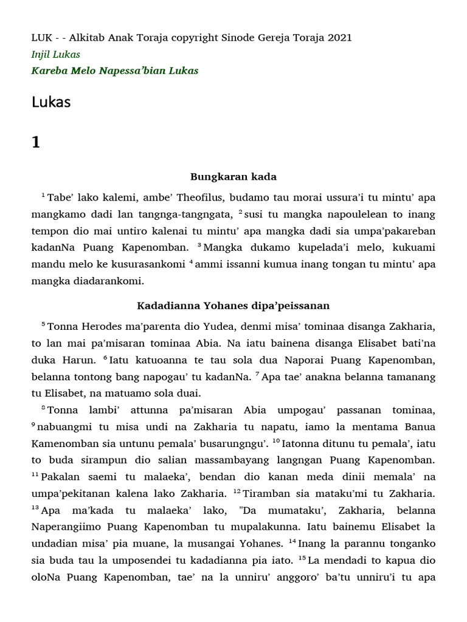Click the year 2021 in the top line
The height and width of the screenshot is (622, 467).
click(339, 38)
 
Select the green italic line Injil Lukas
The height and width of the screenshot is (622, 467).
click(56, 55)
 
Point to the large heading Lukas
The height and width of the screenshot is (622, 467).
click(51, 103)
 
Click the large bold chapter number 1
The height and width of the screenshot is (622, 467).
click(36, 142)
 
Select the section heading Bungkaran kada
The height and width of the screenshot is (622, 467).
click(233, 177)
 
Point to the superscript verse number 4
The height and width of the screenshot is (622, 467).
click(190, 261)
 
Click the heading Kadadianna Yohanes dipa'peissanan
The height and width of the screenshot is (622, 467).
click(233, 305)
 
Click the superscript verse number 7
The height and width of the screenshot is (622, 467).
click(258, 374)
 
